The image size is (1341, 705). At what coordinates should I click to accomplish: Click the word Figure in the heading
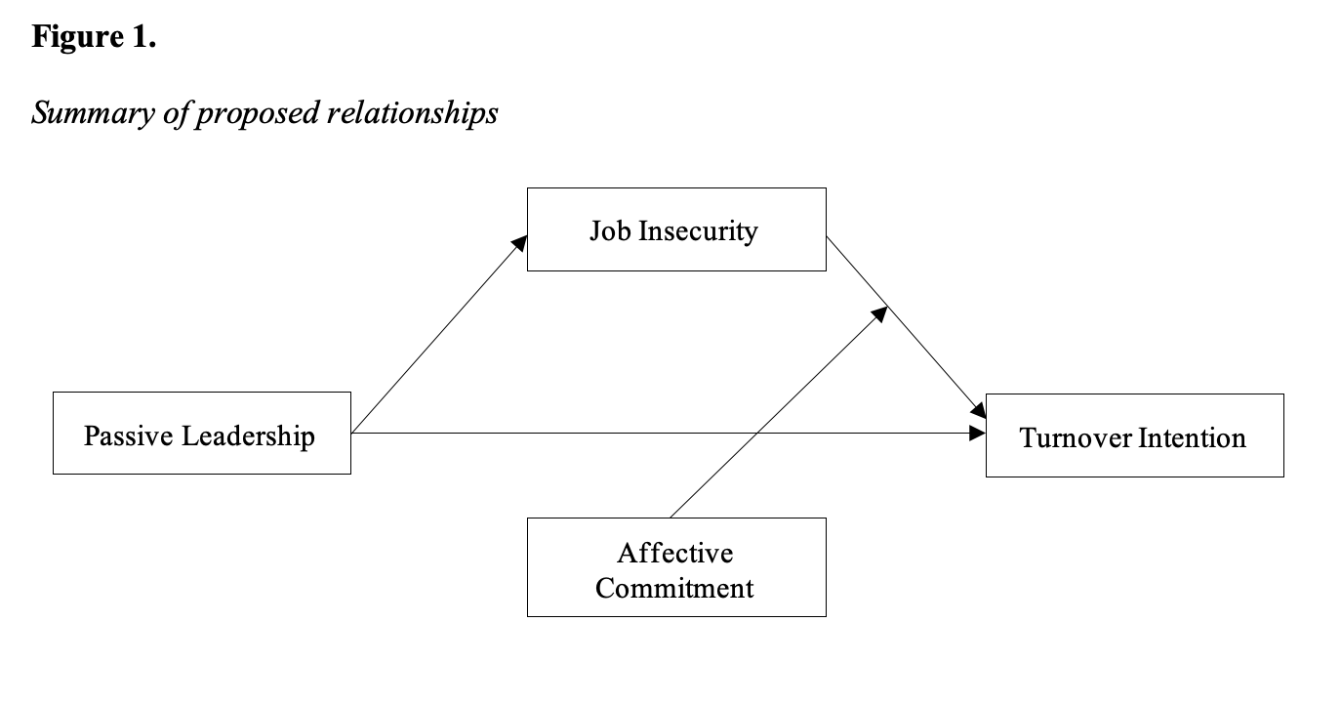78,38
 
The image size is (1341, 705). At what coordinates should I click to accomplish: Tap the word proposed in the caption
258,114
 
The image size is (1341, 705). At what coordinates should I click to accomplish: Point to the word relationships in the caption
413,112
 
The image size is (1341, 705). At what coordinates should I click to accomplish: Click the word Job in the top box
610,231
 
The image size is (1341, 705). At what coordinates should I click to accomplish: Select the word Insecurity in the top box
698,231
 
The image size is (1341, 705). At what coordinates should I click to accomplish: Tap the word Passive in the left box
129,435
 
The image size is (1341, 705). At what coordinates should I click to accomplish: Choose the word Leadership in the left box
248,436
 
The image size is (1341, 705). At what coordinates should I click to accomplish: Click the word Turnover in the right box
1075,437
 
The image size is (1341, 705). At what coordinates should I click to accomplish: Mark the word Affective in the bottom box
674,553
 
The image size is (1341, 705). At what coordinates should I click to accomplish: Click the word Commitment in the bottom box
674,588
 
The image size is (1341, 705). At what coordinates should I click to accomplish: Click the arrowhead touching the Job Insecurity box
519,244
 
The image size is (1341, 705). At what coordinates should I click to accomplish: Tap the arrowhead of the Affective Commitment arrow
879,313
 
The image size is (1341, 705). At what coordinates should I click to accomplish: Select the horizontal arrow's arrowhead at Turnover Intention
977,434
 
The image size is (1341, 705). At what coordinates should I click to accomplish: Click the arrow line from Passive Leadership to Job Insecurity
439,334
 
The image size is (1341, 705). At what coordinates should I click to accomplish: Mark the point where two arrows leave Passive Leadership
352,434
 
